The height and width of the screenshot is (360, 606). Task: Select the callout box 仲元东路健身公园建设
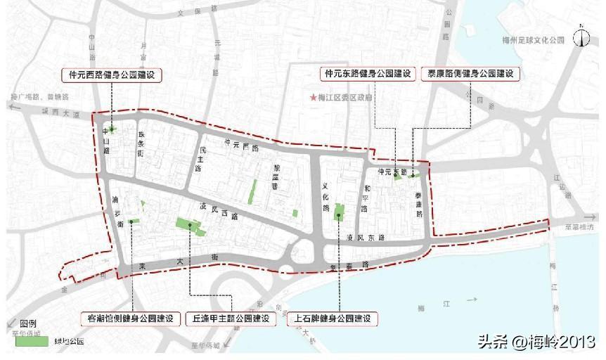coord(368,74)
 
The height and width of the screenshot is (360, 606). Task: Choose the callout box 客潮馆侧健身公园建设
coord(130,318)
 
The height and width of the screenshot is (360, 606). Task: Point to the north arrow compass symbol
coord(581,37)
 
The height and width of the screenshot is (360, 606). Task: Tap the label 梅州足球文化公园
coord(529,41)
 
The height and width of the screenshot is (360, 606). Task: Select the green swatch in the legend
coord(32,341)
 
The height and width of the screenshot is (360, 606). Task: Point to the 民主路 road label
coord(199,160)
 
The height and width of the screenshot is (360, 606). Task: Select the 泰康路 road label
coord(418,203)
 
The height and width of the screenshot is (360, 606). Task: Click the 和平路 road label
coord(366,199)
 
